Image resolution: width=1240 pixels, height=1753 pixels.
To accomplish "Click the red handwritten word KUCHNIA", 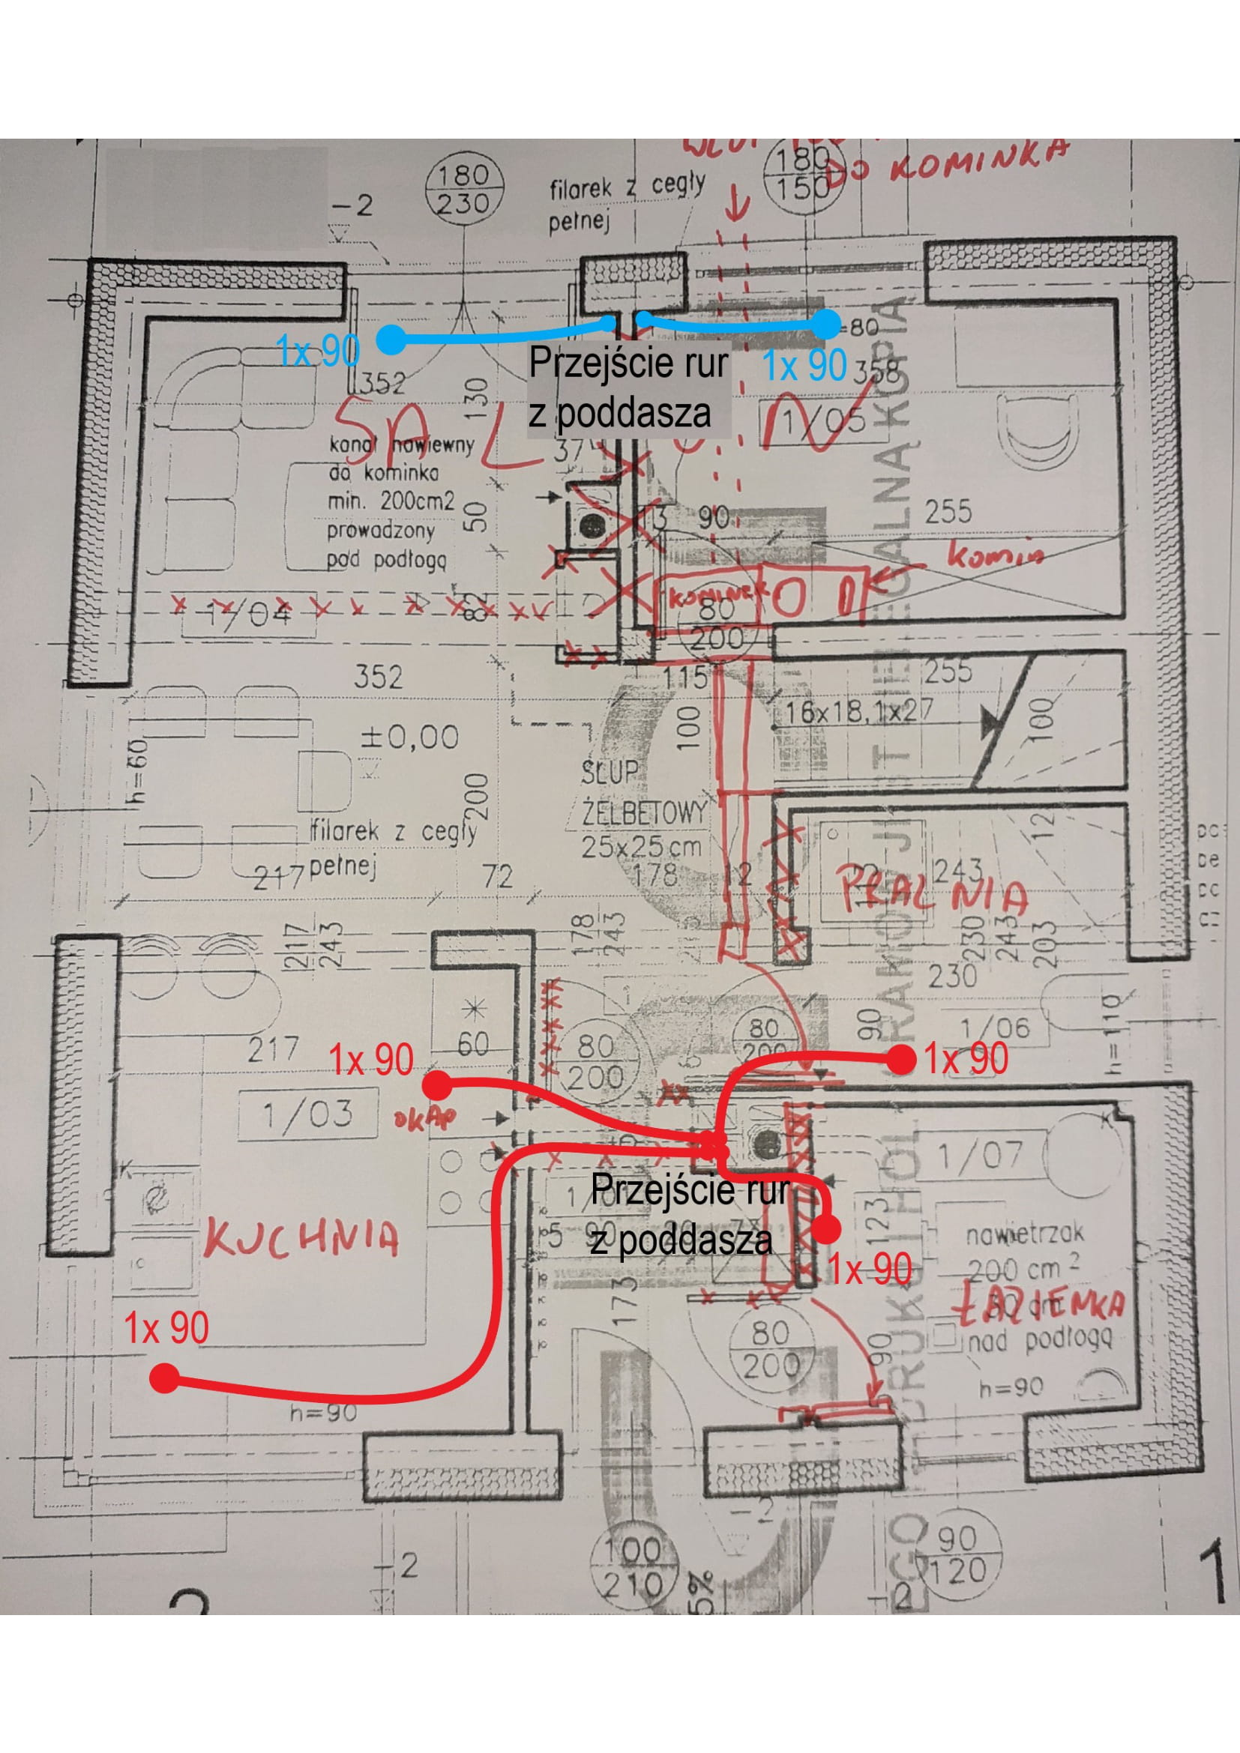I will click(301, 1237).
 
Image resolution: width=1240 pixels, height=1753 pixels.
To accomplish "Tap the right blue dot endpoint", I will click(825, 325).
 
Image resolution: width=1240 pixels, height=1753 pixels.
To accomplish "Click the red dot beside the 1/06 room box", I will click(901, 1060).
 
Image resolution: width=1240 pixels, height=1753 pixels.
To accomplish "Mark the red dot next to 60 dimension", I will click(438, 1084).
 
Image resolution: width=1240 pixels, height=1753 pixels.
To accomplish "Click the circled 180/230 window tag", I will click(468, 190).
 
